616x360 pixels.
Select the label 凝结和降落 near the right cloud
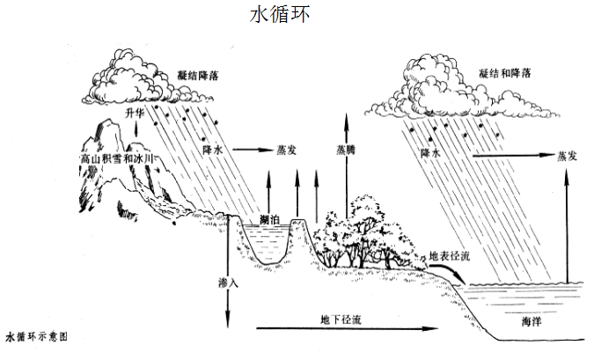505,75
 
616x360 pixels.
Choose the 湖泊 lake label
272,219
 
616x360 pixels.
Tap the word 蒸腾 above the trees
346,151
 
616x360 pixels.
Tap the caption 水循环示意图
36,336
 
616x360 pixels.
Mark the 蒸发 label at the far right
568,156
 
